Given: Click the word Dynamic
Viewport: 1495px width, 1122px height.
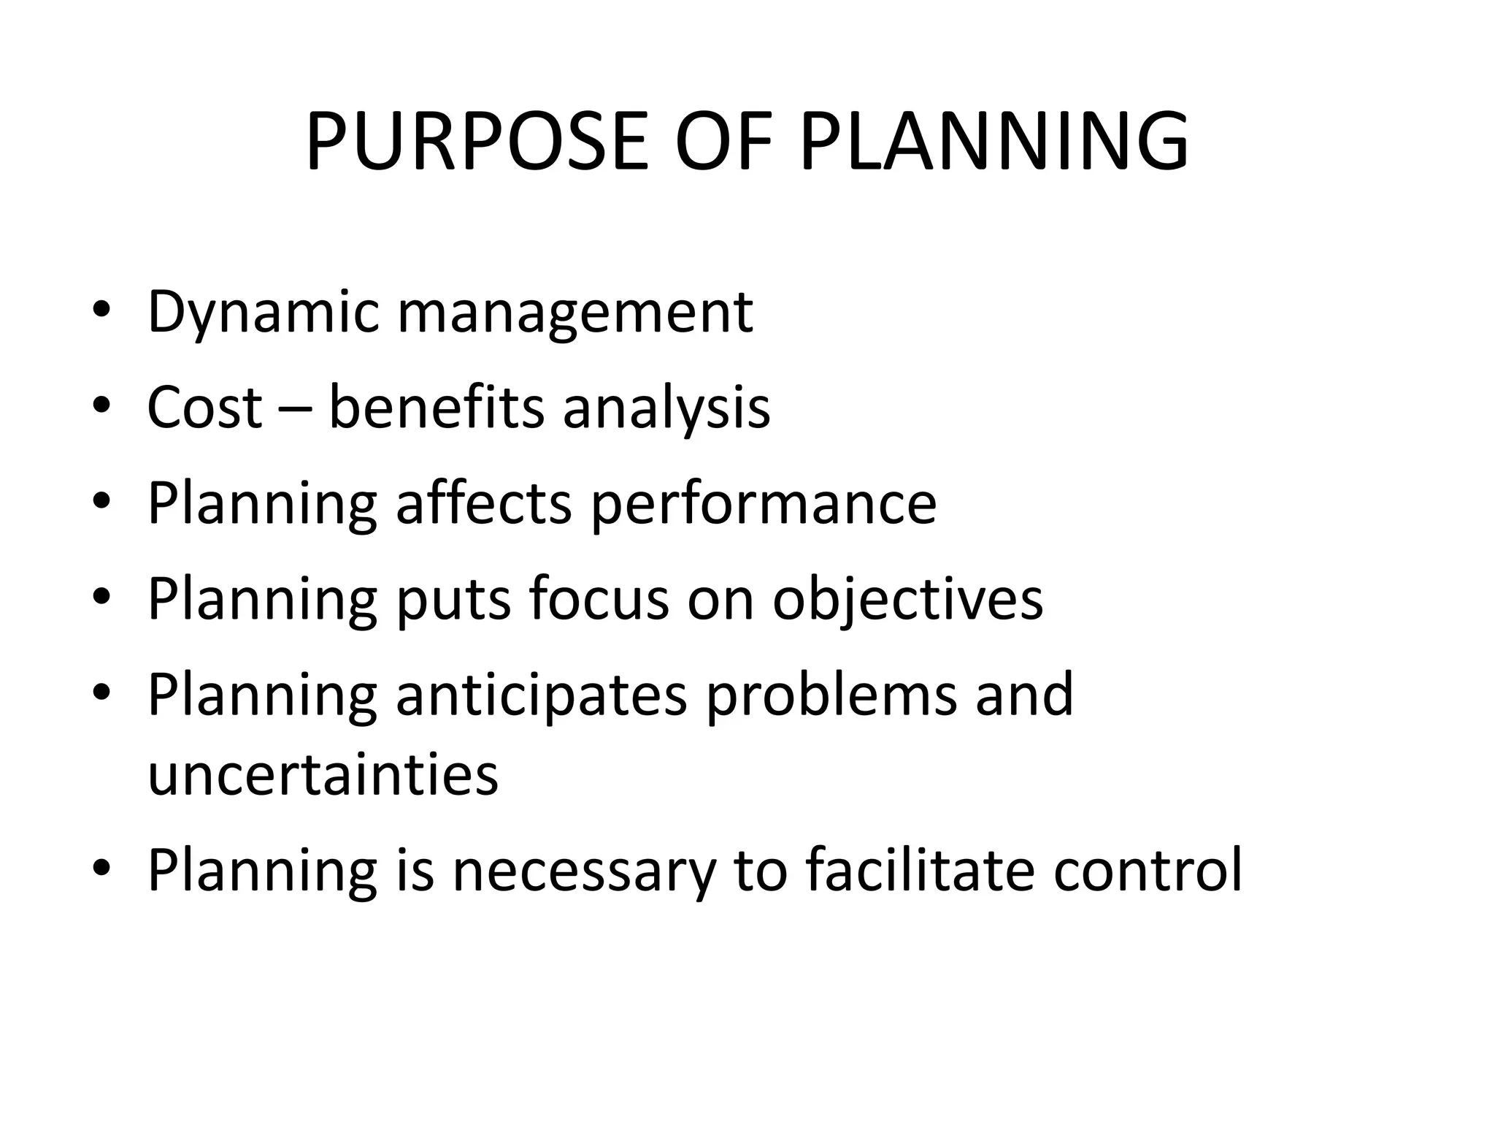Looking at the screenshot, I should coord(263,313).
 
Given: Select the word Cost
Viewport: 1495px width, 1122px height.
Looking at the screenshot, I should coord(204,407).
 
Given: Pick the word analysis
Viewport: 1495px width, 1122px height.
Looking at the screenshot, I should coord(666,408).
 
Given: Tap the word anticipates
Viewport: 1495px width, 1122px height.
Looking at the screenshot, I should coord(541,695).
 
